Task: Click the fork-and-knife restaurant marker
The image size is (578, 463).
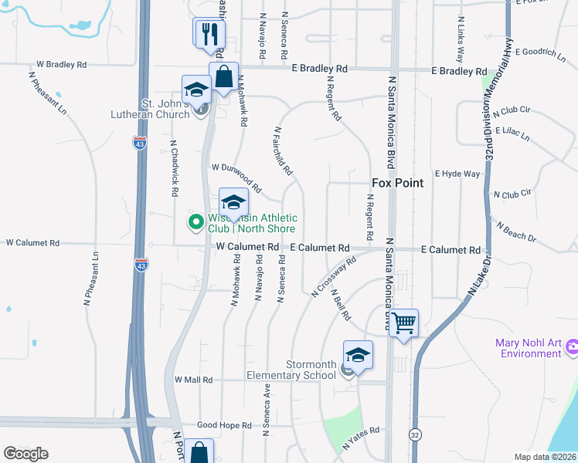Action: pyautogui.click(x=209, y=35)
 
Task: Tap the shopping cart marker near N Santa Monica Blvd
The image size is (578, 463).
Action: pyautogui.click(x=403, y=323)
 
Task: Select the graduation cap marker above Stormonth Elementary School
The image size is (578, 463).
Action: pyautogui.click(x=358, y=355)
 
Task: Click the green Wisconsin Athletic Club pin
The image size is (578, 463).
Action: pyautogui.click(x=196, y=222)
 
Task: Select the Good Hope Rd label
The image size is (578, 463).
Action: pyautogui.click(x=224, y=425)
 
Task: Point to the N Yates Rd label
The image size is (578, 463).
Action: pyautogui.click(x=362, y=438)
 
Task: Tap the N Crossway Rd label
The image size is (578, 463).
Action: pyautogui.click(x=333, y=277)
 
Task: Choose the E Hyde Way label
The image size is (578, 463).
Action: pyautogui.click(x=457, y=174)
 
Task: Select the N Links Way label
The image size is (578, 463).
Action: pyautogui.click(x=461, y=39)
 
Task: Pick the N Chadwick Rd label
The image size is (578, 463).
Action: pyautogui.click(x=175, y=167)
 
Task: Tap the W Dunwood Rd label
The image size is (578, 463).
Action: pyautogui.click(x=236, y=177)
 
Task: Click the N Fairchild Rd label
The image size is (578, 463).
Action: pyautogui.click(x=282, y=150)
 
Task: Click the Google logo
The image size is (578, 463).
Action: pyautogui.click(x=25, y=453)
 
